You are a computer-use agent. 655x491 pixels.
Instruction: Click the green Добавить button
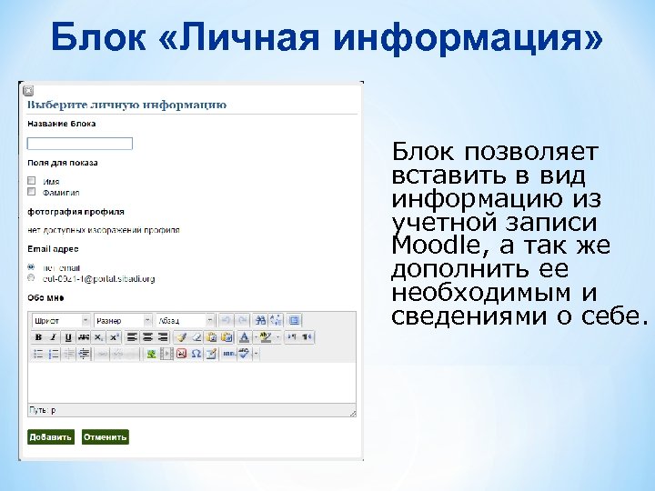pos(50,437)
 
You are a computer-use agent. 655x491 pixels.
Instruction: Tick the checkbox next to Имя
pos(32,180)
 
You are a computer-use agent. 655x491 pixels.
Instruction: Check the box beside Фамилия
pos(32,192)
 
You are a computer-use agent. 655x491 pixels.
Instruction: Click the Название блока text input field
pos(80,144)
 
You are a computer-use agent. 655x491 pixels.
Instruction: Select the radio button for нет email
pos(32,267)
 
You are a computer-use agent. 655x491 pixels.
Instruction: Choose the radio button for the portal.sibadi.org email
pos(32,278)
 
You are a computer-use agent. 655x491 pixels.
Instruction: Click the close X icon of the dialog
pos(27,91)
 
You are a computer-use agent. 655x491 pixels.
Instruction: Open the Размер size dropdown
pos(124,321)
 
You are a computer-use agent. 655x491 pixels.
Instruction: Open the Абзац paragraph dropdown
pos(186,321)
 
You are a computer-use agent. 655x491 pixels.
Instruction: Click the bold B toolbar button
pos(38,337)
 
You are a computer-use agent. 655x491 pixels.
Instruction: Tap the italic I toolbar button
pos(53,337)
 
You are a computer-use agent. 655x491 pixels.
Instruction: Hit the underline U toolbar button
pos(67,337)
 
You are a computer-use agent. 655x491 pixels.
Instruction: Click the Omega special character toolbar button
pos(195,354)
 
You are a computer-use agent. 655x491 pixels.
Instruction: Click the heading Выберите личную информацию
pos(127,105)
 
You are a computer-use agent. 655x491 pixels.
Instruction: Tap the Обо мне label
pos(45,296)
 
